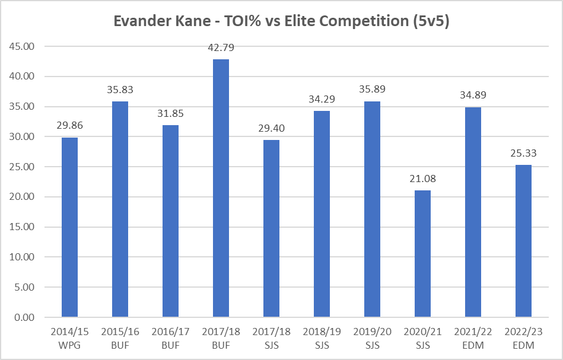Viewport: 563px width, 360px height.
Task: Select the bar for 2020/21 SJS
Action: pos(422,253)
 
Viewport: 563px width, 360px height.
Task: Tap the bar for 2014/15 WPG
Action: pos(69,227)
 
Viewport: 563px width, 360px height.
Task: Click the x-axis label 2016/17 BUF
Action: pos(170,337)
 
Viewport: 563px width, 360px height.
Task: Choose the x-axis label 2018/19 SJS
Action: pos(322,337)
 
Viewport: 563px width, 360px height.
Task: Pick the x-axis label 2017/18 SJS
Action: pos(271,337)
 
